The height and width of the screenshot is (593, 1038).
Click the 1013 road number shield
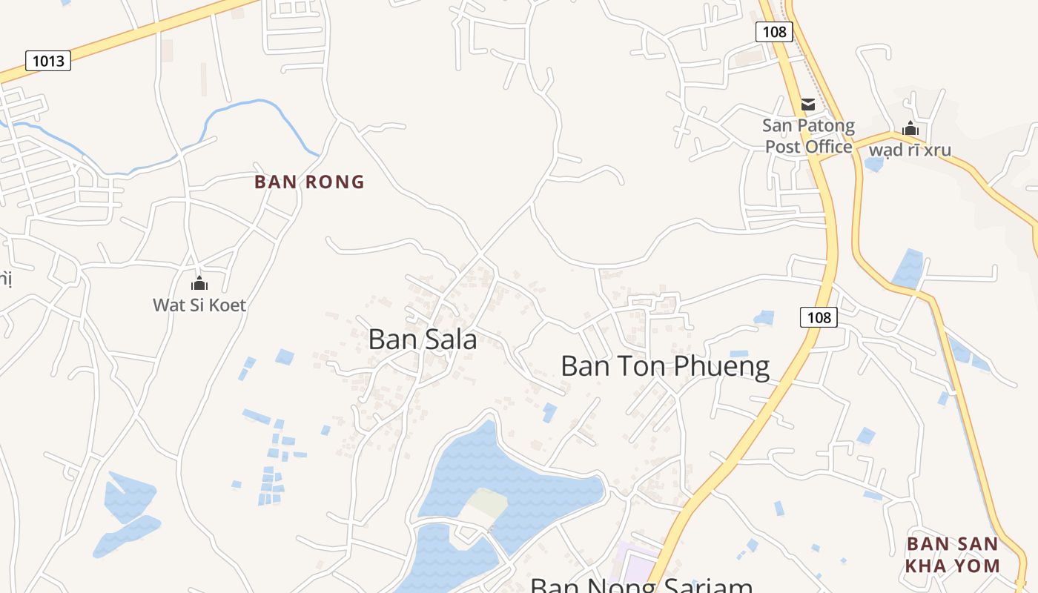pyautogui.click(x=48, y=61)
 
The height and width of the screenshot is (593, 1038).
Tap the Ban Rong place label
pyautogui.click(x=309, y=182)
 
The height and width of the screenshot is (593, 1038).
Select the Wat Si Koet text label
pyautogui.click(x=199, y=305)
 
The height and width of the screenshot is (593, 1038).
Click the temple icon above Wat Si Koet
pyautogui.click(x=199, y=283)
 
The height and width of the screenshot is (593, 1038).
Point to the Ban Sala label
pyautogui.click(x=422, y=339)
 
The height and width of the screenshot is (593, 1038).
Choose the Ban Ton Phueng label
pyautogui.click(x=665, y=366)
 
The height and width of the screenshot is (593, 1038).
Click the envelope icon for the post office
pyautogui.click(x=807, y=105)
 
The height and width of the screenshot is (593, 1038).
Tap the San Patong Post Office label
pyautogui.click(x=809, y=136)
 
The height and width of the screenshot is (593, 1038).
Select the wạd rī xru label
pyautogui.click(x=910, y=150)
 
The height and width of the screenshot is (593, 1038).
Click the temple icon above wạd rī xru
pyautogui.click(x=910, y=128)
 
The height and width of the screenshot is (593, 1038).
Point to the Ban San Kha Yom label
pyautogui.click(x=953, y=554)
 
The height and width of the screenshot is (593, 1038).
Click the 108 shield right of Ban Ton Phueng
pyautogui.click(x=819, y=317)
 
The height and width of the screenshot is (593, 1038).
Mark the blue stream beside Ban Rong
pyautogui.click(x=245, y=108)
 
